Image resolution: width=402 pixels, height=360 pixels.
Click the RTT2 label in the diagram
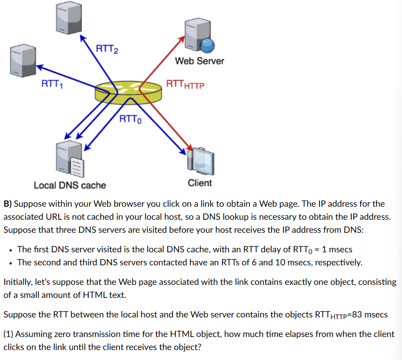click(x=106, y=49)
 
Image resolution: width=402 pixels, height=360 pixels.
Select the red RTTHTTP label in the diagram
click(x=185, y=84)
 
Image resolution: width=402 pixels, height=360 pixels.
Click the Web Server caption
click(x=199, y=61)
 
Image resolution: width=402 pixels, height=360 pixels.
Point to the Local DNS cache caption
click(x=70, y=185)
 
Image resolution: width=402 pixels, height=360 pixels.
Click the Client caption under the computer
click(x=200, y=183)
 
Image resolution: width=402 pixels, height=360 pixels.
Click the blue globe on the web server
click(x=208, y=45)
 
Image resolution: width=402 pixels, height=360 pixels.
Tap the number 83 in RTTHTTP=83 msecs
click(x=357, y=314)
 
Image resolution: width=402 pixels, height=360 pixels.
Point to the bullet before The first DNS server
click(x=10, y=250)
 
